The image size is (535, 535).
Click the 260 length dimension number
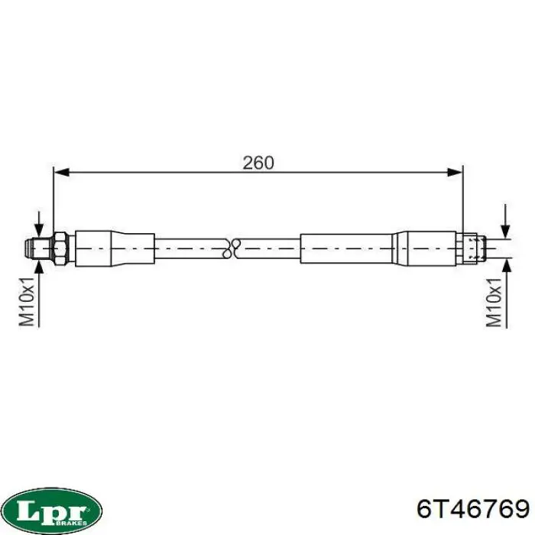(x=258, y=162)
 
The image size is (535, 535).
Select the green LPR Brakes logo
(x=51, y=508)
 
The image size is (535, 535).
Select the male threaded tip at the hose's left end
(x=31, y=246)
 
